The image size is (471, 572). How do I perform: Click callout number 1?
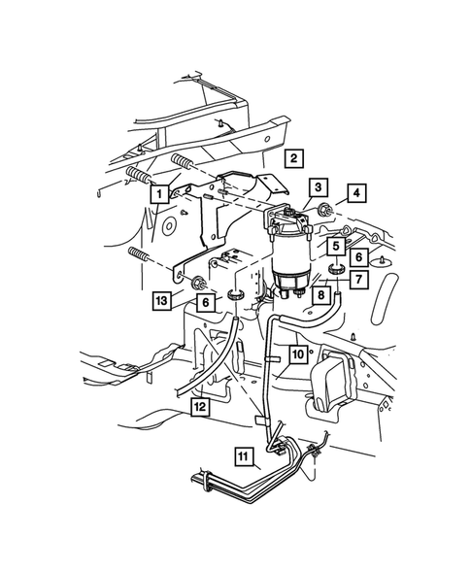154,193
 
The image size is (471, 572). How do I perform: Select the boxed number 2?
292,156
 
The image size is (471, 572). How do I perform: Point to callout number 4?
358,193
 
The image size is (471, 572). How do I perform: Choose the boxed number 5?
334,246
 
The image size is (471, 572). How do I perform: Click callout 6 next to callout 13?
205,303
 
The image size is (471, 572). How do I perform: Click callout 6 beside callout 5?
358,257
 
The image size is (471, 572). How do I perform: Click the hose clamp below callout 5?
336,269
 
